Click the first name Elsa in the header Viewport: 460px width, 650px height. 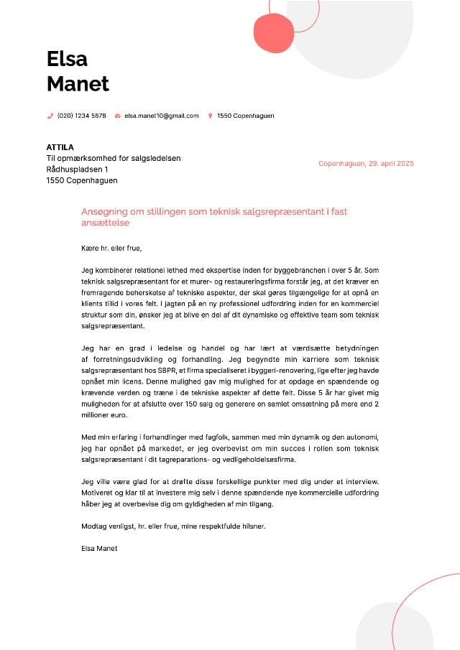coord(67,58)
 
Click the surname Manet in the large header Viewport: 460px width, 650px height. coord(78,84)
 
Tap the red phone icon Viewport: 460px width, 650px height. coord(50,116)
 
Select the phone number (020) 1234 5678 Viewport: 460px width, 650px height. coord(81,116)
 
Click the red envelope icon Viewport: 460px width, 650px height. coord(118,116)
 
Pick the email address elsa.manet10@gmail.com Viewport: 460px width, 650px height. coord(161,116)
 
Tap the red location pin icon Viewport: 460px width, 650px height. coord(211,116)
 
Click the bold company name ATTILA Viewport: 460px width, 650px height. coord(60,147)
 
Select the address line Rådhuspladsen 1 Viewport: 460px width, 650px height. coord(78,170)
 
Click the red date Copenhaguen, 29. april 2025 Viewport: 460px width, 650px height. coord(366,164)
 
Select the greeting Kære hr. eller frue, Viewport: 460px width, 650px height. coord(112,249)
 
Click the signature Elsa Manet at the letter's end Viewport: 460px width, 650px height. coord(100,548)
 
